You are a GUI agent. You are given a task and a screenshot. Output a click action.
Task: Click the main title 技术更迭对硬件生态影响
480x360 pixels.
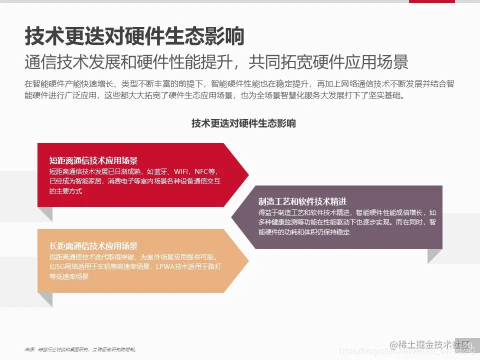pyautogui.click(x=134, y=36)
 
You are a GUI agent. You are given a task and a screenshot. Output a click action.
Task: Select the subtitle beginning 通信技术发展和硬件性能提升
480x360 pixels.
pyautogui.click(x=216, y=61)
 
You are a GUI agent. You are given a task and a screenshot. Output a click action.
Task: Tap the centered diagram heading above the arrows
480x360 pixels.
pyautogui.click(x=243, y=123)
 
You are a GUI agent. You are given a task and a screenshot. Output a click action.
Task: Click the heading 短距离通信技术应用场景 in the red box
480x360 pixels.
pyautogui.click(x=93, y=160)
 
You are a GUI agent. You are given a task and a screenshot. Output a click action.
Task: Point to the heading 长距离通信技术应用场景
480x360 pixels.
pyautogui.click(x=93, y=246)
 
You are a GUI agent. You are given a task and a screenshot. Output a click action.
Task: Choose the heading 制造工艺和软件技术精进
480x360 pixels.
pyautogui.click(x=302, y=201)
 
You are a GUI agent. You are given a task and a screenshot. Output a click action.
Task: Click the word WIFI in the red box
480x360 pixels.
pyautogui.click(x=178, y=171)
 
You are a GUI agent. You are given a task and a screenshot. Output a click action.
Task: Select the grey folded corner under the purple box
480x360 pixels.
pyautogui.click(x=435, y=255)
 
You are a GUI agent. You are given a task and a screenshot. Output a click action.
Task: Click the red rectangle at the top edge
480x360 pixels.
pyautogui.click(x=431, y=1)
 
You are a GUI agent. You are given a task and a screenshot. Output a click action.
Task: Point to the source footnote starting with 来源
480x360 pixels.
pyautogui.click(x=80, y=349)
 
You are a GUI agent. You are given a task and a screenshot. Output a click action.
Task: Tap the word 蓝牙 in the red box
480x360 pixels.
pyautogui.click(x=159, y=171)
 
